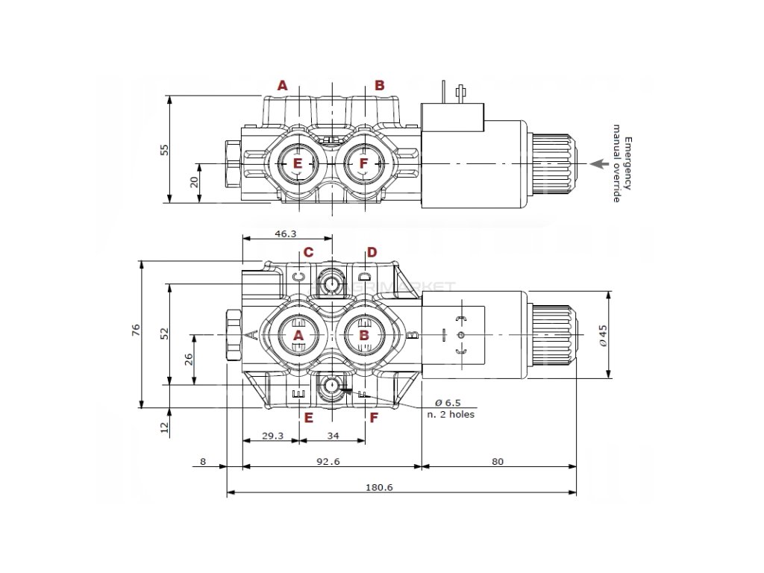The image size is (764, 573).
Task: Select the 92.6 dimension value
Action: (x=328, y=461)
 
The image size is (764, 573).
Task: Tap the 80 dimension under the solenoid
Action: (x=498, y=461)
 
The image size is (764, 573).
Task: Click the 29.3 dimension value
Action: (x=272, y=436)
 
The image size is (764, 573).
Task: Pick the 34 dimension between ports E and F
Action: (x=333, y=436)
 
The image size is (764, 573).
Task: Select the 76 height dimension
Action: (x=136, y=331)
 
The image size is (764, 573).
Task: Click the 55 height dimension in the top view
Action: (x=166, y=149)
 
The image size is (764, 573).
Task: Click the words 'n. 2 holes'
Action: (x=450, y=414)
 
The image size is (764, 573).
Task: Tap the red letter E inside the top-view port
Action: (x=297, y=163)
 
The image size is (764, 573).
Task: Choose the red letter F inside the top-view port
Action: (x=363, y=163)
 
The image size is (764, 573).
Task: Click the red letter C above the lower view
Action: (x=307, y=252)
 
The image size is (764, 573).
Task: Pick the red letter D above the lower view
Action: (x=372, y=252)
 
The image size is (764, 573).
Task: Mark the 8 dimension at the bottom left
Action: (x=203, y=461)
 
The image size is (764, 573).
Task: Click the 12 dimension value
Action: (x=166, y=427)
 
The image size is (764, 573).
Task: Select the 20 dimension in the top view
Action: (x=194, y=181)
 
